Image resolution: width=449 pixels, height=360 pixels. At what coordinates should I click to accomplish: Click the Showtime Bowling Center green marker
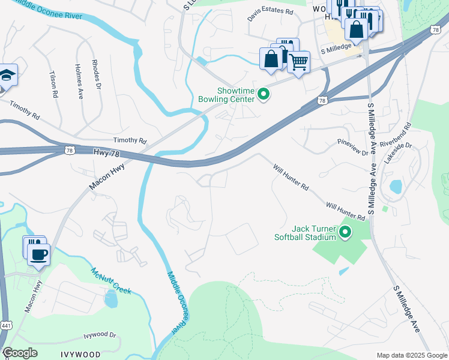[x=263, y=93]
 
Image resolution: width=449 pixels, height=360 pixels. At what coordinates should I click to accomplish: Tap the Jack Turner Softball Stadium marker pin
[x=345, y=232]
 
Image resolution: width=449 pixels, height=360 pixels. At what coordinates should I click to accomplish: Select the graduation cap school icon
[x=7, y=76]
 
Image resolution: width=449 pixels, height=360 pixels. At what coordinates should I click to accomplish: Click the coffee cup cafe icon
[x=39, y=254]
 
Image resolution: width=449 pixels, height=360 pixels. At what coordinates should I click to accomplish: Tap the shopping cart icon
[x=298, y=62]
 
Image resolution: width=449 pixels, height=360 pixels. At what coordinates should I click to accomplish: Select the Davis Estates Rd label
[x=271, y=15]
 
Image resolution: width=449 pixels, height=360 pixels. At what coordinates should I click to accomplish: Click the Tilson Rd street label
[x=53, y=81]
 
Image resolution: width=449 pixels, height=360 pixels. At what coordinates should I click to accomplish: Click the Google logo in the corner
[x=20, y=353]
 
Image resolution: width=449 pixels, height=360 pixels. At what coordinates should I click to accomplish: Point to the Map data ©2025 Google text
[x=411, y=355]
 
